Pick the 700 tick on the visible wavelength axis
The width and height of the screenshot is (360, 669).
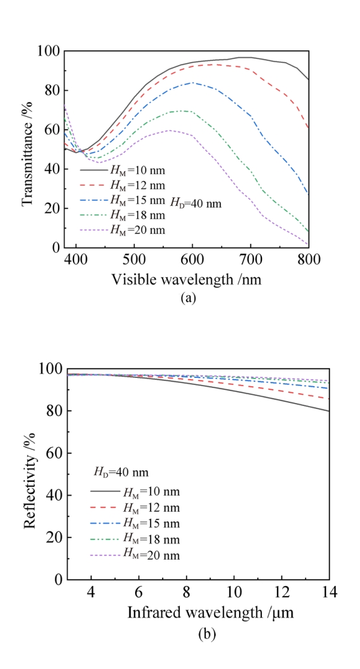pyautogui.click(x=250, y=259)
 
